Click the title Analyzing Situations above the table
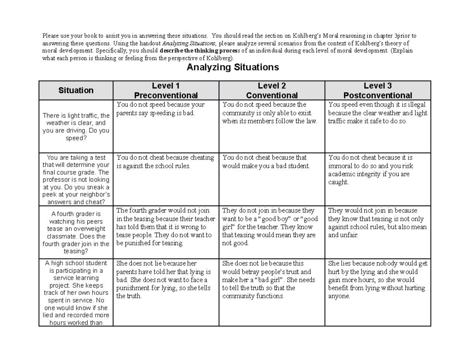point(233,68)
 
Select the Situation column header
point(76,90)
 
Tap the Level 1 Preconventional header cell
point(166,90)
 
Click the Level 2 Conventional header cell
point(272,90)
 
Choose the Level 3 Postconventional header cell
point(378,90)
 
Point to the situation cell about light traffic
point(76,127)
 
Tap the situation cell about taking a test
point(76,180)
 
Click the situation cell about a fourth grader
point(76,232)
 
